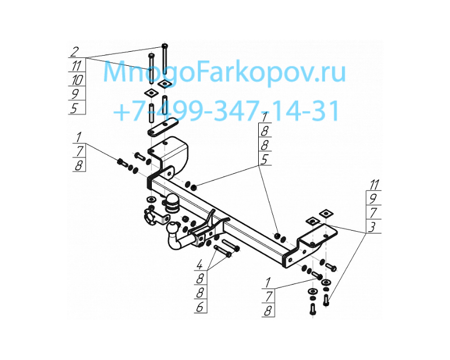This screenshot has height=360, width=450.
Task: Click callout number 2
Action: click(74, 52)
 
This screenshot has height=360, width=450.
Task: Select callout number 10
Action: click(77, 79)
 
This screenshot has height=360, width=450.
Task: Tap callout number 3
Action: click(372, 227)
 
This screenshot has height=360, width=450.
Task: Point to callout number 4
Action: click(199, 264)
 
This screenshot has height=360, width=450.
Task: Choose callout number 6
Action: click(200, 307)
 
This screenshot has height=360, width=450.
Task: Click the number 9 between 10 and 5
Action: click(75, 94)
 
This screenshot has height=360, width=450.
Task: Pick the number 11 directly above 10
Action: click(76, 66)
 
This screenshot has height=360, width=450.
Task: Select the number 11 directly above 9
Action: click(374, 184)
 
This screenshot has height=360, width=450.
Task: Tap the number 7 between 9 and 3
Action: click(373, 213)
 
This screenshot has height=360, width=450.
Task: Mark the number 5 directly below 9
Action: click(74, 109)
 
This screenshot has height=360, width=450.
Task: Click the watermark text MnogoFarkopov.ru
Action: click(224, 72)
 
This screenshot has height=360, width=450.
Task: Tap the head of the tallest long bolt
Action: click(165, 46)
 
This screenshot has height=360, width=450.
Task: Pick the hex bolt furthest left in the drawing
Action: click(123, 162)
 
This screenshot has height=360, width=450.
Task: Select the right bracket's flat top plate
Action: click(317, 233)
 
